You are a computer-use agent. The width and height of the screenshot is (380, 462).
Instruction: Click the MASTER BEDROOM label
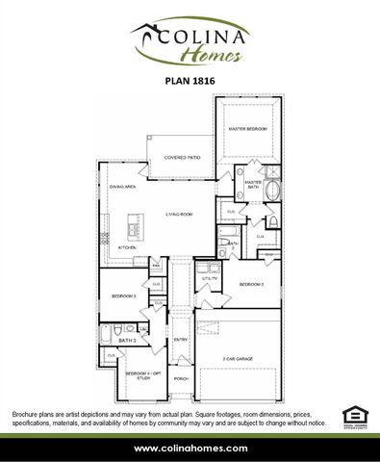pyautogui.click(x=247, y=128)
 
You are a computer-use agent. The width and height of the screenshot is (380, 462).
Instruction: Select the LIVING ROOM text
pyautogui.click(x=181, y=215)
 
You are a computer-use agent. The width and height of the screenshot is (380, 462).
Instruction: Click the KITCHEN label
pyautogui.click(x=127, y=247)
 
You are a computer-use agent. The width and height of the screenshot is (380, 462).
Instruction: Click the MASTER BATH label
pyautogui.click(x=253, y=184)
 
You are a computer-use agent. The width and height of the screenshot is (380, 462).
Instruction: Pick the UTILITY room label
pyautogui.click(x=210, y=277)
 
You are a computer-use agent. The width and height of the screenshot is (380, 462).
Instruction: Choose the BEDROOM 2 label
pyautogui.click(x=251, y=285)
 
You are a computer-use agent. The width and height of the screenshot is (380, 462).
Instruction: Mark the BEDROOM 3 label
pyautogui.click(x=122, y=295)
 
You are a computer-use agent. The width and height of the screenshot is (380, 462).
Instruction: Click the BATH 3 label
pyautogui.click(x=128, y=340)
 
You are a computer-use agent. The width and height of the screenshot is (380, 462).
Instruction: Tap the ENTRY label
pyautogui.click(x=181, y=340)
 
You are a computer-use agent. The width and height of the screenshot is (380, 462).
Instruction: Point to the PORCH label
pyautogui.click(x=181, y=378)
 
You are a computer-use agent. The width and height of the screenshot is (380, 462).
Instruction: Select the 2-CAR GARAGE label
pyautogui.click(x=237, y=358)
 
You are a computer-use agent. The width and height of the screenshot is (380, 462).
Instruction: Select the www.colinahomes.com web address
pyautogui.click(x=190, y=449)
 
